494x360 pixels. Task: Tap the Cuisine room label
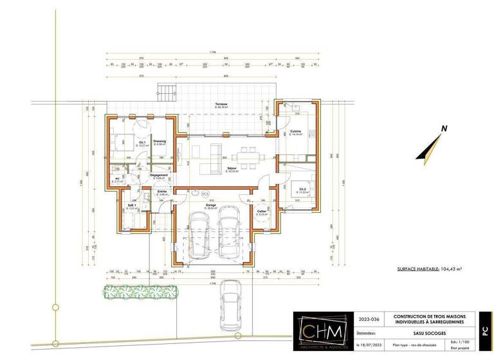point(296,131)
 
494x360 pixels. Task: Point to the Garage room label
point(210,205)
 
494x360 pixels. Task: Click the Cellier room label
point(262,211)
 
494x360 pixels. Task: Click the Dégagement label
point(159,175)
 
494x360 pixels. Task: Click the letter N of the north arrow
point(444,129)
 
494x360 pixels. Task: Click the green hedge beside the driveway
point(140,291)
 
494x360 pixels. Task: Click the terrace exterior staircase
point(167,91)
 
